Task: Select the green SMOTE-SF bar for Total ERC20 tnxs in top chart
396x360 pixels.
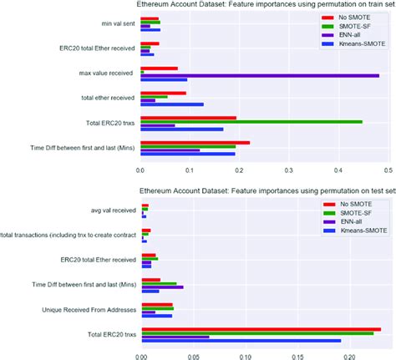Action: (x=251, y=122)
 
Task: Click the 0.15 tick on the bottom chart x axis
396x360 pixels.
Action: (x=298, y=354)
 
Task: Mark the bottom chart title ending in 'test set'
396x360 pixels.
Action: (x=264, y=191)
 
